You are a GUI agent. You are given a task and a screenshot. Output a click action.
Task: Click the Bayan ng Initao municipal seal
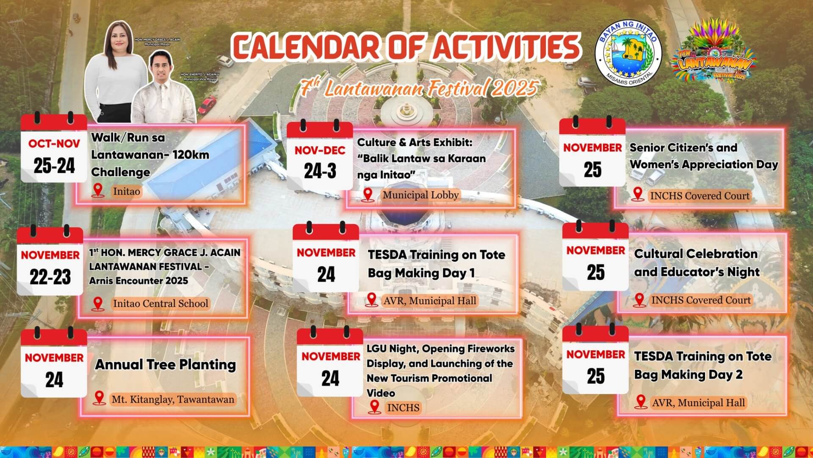[628, 54]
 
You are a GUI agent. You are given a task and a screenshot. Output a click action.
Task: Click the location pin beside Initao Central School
[98, 304]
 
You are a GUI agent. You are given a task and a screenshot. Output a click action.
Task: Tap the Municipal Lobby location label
[420, 195]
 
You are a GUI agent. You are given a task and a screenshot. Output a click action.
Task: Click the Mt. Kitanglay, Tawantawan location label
[173, 399]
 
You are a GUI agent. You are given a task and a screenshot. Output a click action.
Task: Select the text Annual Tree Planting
[165, 365]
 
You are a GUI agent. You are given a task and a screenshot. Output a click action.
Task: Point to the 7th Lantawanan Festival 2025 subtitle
[419, 88]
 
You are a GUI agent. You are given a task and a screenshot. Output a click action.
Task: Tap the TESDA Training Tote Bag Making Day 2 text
[702, 365]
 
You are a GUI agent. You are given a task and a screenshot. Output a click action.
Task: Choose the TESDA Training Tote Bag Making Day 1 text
[436, 263]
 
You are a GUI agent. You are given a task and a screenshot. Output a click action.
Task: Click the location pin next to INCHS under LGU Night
[374, 407]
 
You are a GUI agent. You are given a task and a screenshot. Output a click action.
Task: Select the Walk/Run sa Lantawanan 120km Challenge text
[150, 154]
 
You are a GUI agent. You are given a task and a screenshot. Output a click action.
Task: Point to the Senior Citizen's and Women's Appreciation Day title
[704, 156]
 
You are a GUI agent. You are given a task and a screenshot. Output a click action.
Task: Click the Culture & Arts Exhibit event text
[421, 158]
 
